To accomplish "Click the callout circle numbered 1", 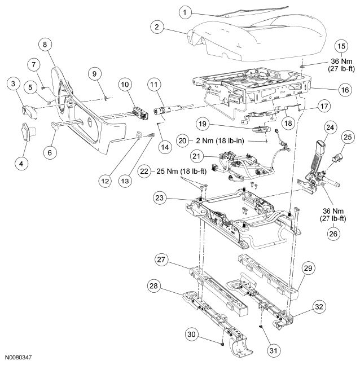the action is [x=185, y=12].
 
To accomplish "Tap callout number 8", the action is [x=45, y=44].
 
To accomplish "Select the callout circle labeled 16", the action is [x=345, y=90].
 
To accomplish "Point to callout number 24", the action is [x=330, y=127].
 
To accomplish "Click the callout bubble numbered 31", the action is [x=273, y=350].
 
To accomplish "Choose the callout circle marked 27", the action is [x=161, y=260].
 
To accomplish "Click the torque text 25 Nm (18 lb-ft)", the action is [x=181, y=171].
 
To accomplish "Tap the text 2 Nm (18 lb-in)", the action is [x=220, y=140].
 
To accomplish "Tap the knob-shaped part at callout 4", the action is [x=28, y=132].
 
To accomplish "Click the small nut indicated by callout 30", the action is [x=222, y=344].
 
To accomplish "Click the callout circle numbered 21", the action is [x=196, y=156].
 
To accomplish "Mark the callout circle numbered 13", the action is [x=125, y=181].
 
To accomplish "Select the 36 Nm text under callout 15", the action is [x=341, y=61].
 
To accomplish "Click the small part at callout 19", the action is [x=261, y=129].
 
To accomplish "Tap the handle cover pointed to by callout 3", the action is [x=29, y=112].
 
